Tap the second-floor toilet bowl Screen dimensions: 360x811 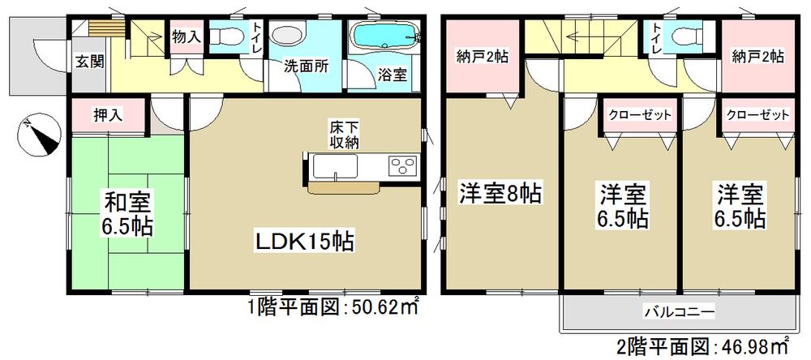[684, 36]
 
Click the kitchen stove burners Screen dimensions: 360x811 [401, 165]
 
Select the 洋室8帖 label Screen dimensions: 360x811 [501, 194]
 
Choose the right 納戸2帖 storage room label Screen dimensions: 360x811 [757, 57]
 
